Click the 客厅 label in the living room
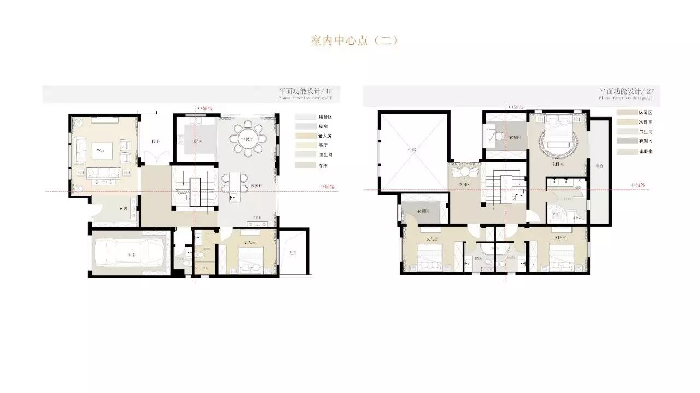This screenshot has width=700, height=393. (101, 149)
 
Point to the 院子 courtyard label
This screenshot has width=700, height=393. (155, 141)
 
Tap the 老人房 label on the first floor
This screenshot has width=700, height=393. (251, 242)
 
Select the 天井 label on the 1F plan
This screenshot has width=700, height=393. (293, 253)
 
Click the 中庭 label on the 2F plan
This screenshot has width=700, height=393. (411, 149)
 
